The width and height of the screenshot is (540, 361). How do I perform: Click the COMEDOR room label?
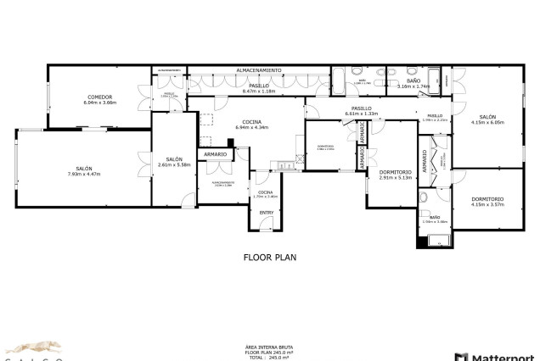click(x=99, y=97)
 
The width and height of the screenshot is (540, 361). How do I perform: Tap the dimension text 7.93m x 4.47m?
click(x=84, y=174)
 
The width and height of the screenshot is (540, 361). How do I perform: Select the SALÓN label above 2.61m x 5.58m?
click(x=174, y=159)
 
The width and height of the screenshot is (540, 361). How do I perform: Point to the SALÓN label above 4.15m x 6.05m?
click(x=487, y=117)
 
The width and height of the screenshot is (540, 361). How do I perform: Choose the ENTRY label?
click(x=266, y=213)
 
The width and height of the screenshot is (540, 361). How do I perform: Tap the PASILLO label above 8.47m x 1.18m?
click(x=259, y=86)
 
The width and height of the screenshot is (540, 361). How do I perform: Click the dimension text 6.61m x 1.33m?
click(x=362, y=114)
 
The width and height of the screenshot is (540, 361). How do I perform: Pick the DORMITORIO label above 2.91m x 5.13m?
click(x=395, y=172)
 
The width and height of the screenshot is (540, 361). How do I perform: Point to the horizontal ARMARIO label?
click(x=215, y=154)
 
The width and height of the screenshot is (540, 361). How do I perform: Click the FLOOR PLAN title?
click(x=269, y=255)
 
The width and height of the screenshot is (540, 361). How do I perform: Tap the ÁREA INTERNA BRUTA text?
click(x=269, y=347)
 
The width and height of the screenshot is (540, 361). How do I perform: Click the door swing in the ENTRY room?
click(x=266, y=224)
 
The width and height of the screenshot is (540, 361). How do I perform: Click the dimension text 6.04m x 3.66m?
click(x=99, y=103)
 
